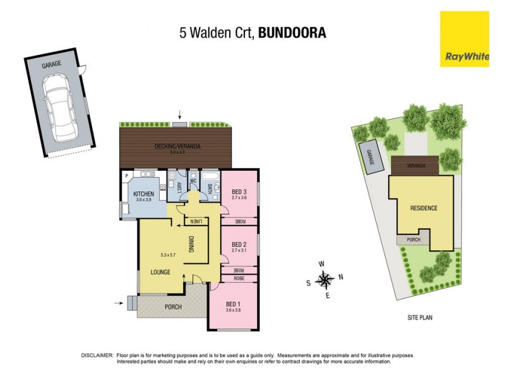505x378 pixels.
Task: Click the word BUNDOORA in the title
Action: [x=293, y=33]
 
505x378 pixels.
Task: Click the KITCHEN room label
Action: [x=142, y=194]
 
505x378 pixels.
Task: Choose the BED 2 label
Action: [x=239, y=244]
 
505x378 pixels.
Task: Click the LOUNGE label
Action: [x=161, y=272]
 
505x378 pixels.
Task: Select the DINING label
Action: [x=192, y=243]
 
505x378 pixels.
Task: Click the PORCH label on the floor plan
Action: [x=173, y=307]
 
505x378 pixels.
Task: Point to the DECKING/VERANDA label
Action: [x=178, y=147]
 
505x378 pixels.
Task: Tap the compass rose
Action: [x=325, y=278]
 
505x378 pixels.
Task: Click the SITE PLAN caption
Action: [x=419, y=318]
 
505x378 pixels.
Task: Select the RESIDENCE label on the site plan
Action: [x=424, y=208]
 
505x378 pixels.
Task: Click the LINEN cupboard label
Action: [x=198, y=220]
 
